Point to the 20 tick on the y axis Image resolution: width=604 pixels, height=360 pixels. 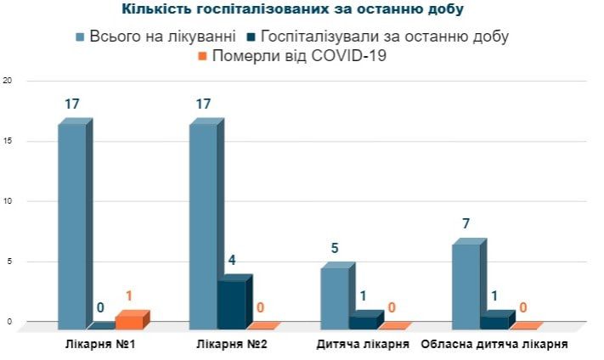(x=8, y=82)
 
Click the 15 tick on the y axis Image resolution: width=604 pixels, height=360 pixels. (x=8, y=142)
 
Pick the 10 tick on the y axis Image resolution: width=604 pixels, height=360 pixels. (x=8, y=202)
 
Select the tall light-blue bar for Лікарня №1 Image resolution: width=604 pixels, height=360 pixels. (x=72, y=225)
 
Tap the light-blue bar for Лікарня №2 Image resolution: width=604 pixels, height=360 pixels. (x=203, y=225)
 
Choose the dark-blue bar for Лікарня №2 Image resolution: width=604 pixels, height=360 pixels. (x=231, y=303)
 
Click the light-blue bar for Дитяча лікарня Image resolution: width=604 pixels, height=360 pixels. (x=335, y=297)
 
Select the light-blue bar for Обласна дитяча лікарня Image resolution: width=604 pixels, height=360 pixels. (x=466, y=285)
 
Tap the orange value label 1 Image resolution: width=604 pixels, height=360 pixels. (x=128, y=296)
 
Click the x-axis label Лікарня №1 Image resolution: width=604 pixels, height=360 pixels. (x=101, y=345)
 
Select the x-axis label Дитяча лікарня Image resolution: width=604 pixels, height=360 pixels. (x=363, y=345)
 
